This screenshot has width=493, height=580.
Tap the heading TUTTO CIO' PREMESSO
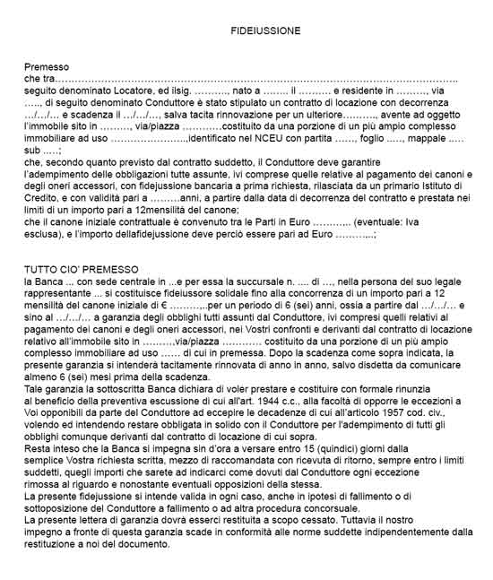[82, 269]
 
